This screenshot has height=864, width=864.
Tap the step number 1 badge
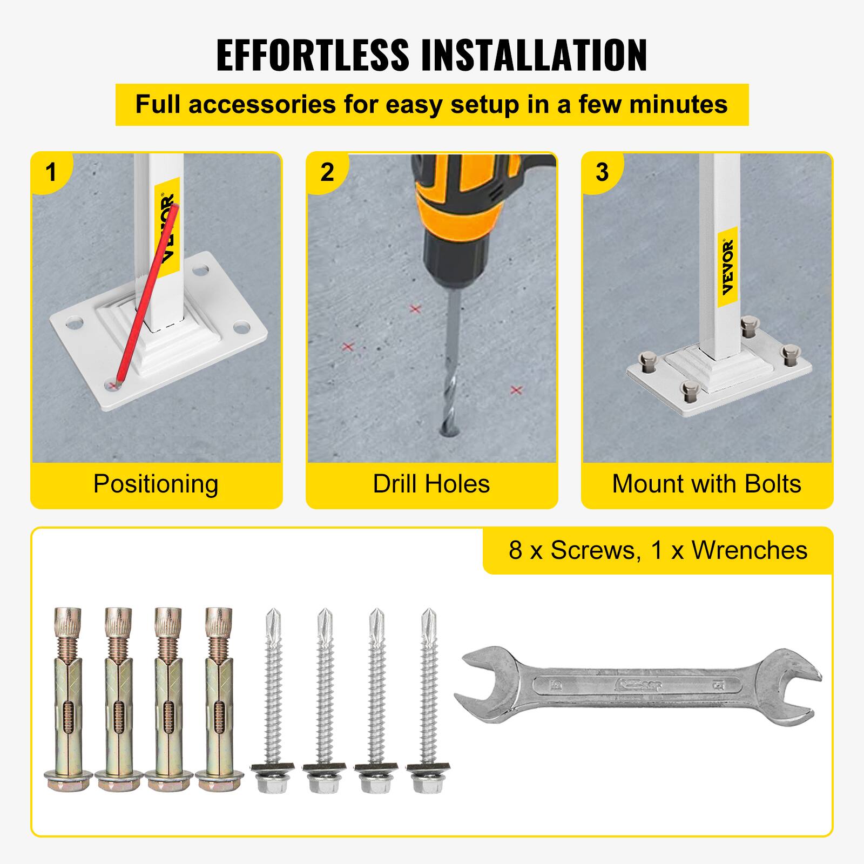click(51, 172)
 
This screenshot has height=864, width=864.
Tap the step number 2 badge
click(327, 172)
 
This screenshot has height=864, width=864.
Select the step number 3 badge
click(602, 172)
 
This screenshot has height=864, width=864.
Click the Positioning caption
click(156, 484)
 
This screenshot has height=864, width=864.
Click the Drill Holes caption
click(431, 484)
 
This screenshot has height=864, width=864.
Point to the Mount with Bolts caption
click(706, 484)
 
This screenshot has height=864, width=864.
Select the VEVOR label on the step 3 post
click(728, 267)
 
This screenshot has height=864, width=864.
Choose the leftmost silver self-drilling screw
click(273, 702)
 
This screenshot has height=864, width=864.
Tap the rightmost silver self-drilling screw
click(429, 702)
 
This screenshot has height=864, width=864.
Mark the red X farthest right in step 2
click(516, 390)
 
